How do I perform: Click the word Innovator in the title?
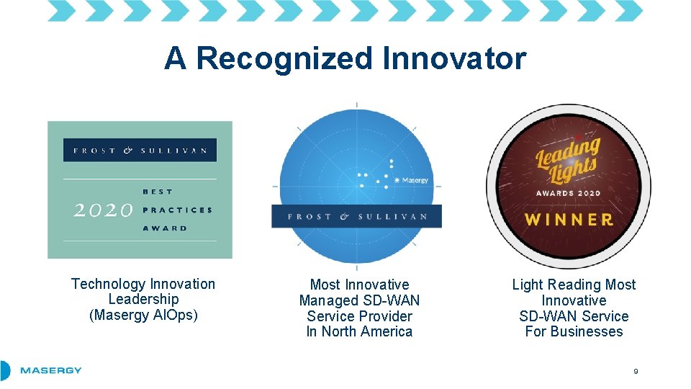(454, 58)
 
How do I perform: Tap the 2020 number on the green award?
(104, 210)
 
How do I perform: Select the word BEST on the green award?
(158, 192)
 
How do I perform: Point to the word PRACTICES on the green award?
(177, 210)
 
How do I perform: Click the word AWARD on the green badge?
(165, 228)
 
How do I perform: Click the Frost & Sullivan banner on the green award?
(140, 151)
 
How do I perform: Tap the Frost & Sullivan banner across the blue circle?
(356, 216)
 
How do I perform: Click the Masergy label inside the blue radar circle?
(415, 180)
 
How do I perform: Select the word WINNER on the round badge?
(569, 220)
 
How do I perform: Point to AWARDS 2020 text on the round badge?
(568, 194)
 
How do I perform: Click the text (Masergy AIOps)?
(143, 315)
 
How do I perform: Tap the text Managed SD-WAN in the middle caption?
(359, 300)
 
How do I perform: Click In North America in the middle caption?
(359, 331)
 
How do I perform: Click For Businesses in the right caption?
(574, 331)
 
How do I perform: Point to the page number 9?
(636, 371)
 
